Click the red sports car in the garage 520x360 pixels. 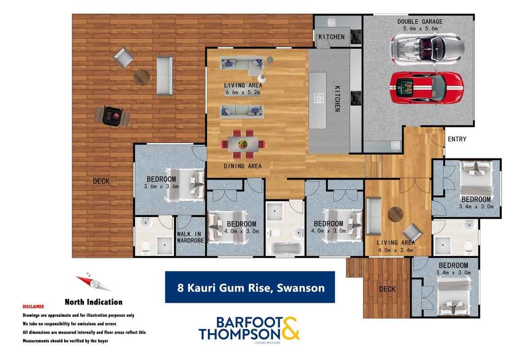coord(426,88)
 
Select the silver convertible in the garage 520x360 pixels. coord(427,49)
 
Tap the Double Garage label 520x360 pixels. coord(420,22)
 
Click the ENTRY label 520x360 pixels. coord(457,139)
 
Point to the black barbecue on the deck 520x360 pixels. coord(112,116)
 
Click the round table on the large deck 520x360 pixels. coord(142,77)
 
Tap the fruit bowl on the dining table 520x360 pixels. coord(243,144)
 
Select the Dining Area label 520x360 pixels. coord(242,166)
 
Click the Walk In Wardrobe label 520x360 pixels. coord(190,237)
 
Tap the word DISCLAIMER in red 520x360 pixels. coord(33,306)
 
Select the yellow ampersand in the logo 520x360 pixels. coord(287,328)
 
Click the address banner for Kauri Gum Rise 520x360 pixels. coord(250,288)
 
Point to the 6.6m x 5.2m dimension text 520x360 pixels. coord(243,93)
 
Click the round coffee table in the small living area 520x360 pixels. coord(396,214)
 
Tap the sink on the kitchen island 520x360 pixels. coord(318,98)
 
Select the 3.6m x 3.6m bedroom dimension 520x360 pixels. coord(161,186)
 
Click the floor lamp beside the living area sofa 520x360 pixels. coord(266,69)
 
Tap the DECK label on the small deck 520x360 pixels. coord(387,289)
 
